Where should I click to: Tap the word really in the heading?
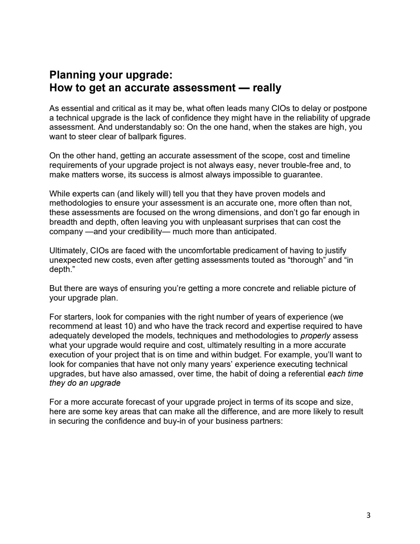tap(267, 88)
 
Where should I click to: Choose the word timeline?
tap(336, 156)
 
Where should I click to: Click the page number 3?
tap(368, 515)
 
